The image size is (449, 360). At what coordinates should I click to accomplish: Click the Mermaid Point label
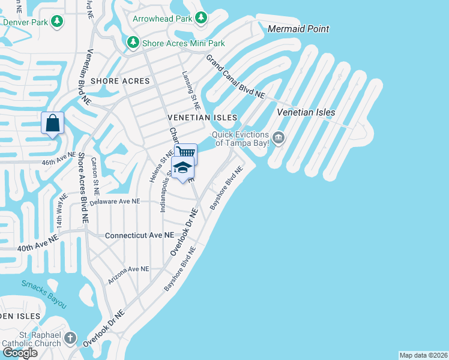click(298, 29)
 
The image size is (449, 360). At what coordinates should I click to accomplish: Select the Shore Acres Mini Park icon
click(133, 43)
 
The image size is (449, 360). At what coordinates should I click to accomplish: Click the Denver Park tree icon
click(57, 22)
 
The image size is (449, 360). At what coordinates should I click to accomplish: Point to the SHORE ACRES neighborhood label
click(115, 80)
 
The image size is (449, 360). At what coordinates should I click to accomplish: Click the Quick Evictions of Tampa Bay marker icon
click(279, 139)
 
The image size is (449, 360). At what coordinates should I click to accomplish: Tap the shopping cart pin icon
click(185, 152)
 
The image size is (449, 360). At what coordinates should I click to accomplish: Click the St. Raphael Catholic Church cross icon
click(70, 338)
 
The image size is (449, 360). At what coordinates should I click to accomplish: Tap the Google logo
click(20, 353)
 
